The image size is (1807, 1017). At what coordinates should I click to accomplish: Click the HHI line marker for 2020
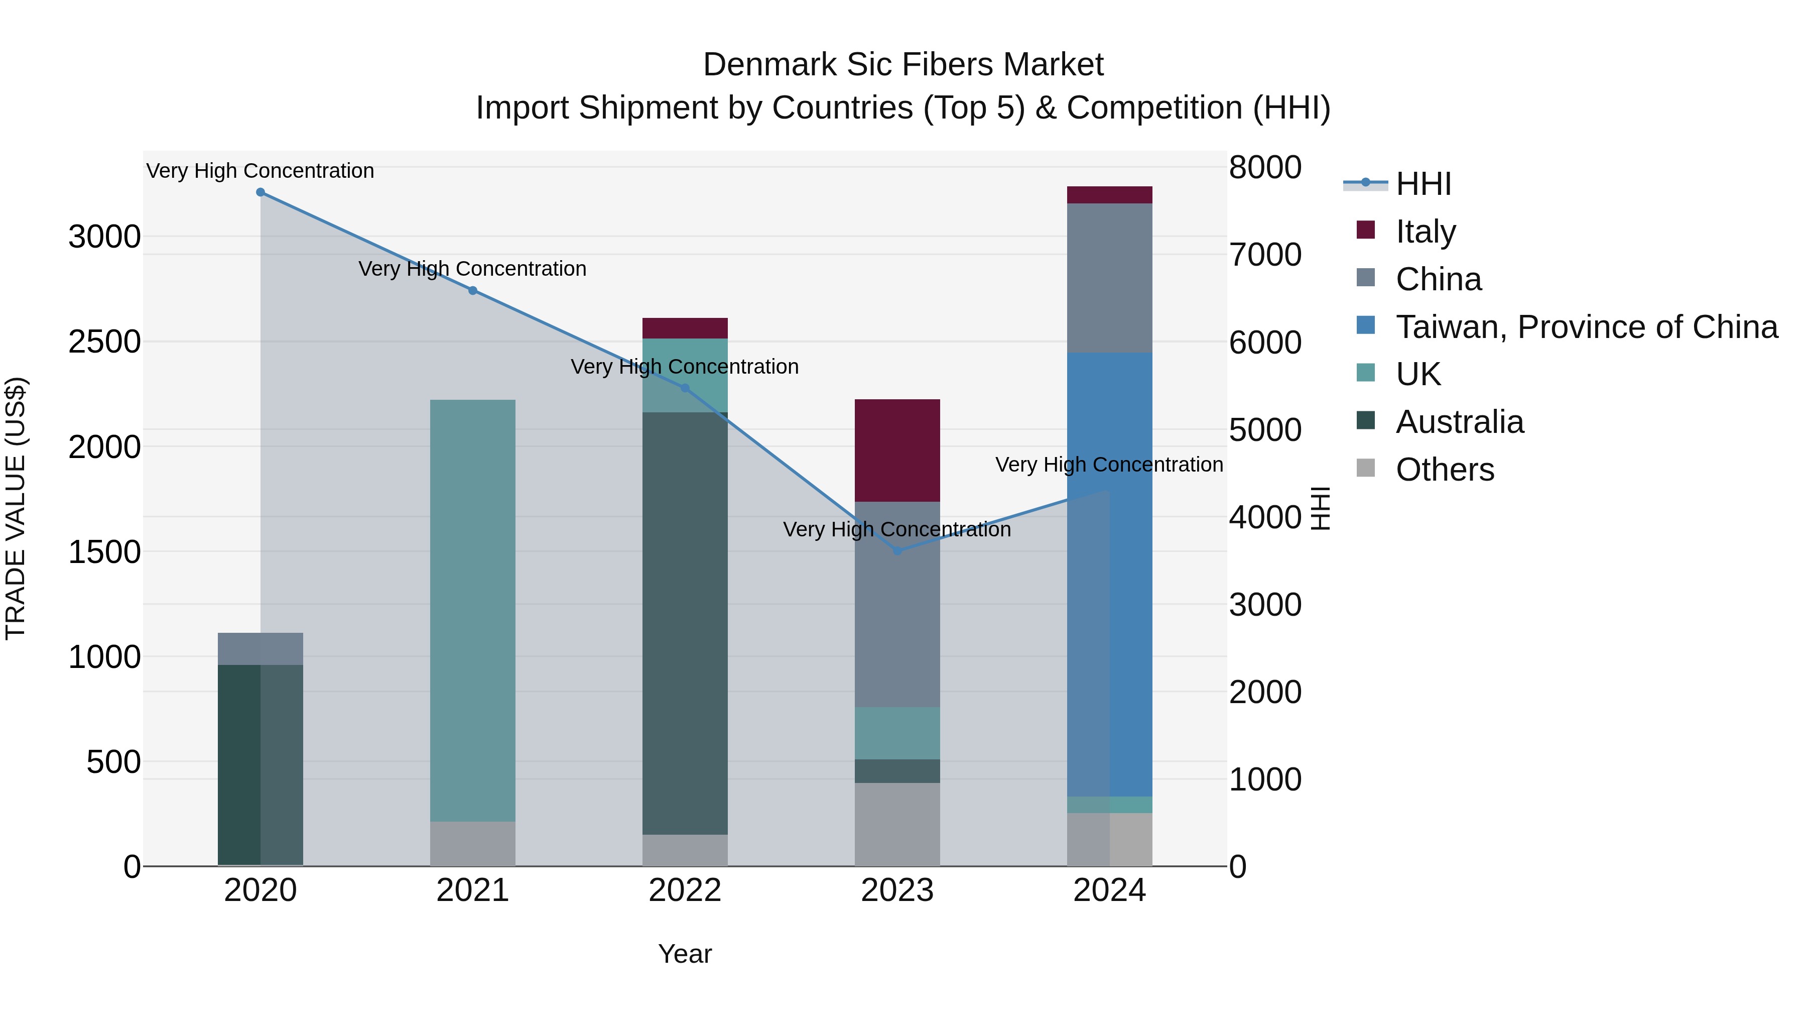(x=260, y=192)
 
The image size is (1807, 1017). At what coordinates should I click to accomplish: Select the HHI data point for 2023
(x=897, y=551)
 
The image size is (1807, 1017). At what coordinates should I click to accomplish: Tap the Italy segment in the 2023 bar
(x=897, y=450)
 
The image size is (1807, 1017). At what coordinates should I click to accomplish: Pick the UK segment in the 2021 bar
(x=473, y=611)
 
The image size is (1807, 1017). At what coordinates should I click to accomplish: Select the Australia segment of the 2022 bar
(x=685, y=623)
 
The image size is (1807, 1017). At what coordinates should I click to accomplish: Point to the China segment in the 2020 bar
(x=260, y=648)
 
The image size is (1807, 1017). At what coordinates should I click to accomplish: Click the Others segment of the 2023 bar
(x=897, y=825)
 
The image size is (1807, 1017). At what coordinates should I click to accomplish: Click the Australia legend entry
(x=1459, y=422)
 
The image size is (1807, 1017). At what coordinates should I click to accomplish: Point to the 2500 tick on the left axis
(x=104, y=343)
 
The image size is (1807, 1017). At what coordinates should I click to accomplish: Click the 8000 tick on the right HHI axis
(x=1265, y=168)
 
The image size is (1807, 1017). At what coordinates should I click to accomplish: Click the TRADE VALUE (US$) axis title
(x=16, y=508)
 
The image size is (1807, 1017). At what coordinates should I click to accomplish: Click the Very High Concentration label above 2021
(x=473, y=269)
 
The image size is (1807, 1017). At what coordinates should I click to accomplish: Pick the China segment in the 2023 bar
(x=897, y=604)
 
